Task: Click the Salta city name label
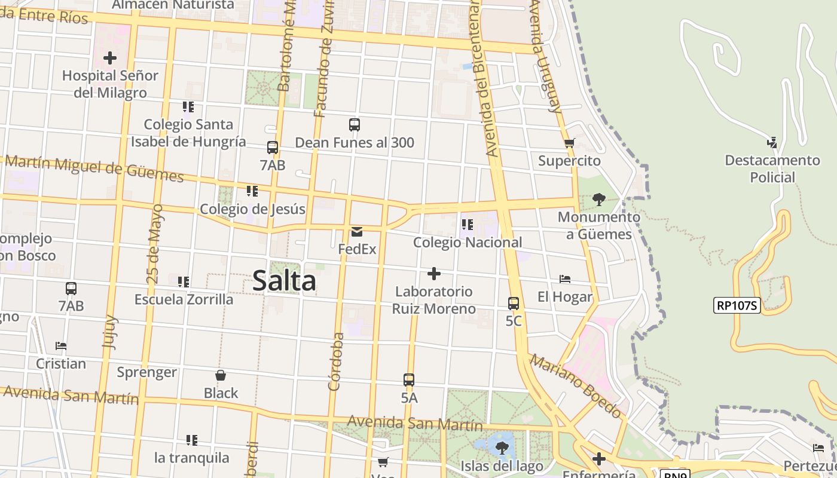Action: tap(284, 280)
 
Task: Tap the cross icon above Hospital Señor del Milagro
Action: tap(110, 58)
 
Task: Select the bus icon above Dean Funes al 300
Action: tap(355, 125)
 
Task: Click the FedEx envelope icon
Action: tap(357, 231)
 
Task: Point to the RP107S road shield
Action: tap(737, 306)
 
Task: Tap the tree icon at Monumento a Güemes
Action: tap(598, 199)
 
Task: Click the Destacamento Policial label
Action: tap(772, 168)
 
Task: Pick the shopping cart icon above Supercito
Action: tap(569, 143)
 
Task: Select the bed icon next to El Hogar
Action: tap(565, 279)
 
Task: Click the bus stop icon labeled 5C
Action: tap(514, 303)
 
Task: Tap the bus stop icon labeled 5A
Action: tap(409, 379)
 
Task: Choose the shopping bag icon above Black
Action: tap(221, 375)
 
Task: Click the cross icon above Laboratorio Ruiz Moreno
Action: tap(434, 274)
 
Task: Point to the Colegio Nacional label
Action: tap(468, 243)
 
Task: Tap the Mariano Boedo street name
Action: tap(575, 386)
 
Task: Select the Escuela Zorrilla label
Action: tap(184, 299)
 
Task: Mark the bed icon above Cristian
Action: tap(60, 345)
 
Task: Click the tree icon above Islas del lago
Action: tap(502, 447)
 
